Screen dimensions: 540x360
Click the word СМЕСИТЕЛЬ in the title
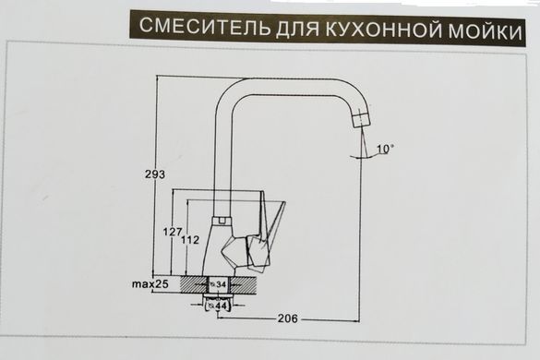pyautogui.click(x=204, y=26)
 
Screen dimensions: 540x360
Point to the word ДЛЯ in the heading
pyautogui.click(x=297, y=29)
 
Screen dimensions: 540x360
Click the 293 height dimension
pyautogui.click(x=155, y=174)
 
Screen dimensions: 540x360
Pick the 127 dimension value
pyautogui.click(x=173, y=232)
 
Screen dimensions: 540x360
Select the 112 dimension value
pyautogui.click(x=190, y=239)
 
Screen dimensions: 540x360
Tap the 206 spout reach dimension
pyautogui.click(x=288, y=318)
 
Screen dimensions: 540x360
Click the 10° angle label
pyautogui.click(x=385, y=149)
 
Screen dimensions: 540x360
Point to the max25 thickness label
pyautogui.click(x=150, y=284)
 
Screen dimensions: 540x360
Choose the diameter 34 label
pyautogui.click(x=219, y=284)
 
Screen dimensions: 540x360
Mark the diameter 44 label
pyautogui.click(x=219, y=306)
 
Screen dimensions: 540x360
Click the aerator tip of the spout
pyautogui.click(x=361, y=118)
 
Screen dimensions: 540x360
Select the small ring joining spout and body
pyautogui.click(x=222, y=221)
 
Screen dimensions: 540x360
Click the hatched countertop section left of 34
pyautogui.click(x=194, y=284)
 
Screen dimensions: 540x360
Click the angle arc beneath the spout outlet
pyautogui.click(x=366, y=157)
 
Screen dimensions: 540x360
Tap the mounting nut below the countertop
pyautogui.click(x=217, y=297)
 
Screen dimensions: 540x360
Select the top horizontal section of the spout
pyautogui.click(x=293, y=87)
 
